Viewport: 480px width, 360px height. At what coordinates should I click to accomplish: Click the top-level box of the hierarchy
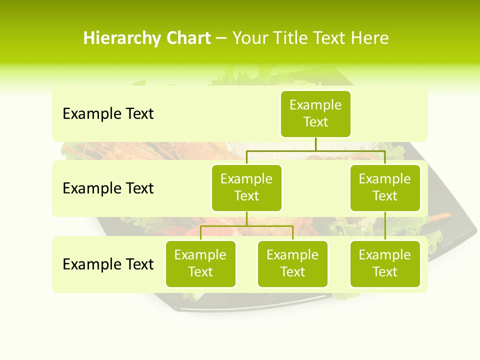tap(315, 114)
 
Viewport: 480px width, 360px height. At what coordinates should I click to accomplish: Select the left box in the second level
tap(246, 187)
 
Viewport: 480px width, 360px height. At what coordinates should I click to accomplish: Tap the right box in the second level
tap(385, 187)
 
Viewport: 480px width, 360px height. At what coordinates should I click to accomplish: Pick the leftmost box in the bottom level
tap(200, 263)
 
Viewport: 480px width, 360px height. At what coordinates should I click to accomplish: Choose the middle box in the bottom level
tap(292, 263)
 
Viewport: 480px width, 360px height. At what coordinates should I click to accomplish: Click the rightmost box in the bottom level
tap(385, 263)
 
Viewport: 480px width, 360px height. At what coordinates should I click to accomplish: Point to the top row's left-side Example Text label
tap(108, 114)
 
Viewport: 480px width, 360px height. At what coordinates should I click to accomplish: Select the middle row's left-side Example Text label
tap(108, 188)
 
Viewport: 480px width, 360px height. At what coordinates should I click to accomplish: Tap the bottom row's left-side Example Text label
tap(108, 264)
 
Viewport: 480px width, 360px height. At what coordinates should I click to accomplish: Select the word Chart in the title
tap(187, 38)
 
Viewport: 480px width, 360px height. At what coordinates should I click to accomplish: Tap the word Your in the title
tap(250, 38)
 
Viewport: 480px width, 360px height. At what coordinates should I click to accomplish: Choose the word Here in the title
tap(369, 38)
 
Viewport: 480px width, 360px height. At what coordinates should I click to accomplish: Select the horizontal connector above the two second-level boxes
tap(315, 150)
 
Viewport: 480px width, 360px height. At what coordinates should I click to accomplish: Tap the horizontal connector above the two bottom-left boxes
tap(246, 226)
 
